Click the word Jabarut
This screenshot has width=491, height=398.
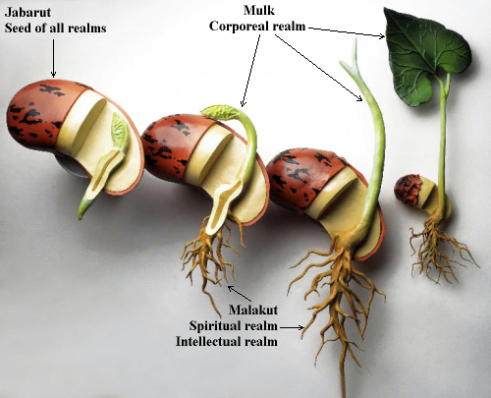coord(27,13)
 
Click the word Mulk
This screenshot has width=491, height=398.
coord(259,11)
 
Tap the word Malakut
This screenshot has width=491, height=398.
coord(253,310)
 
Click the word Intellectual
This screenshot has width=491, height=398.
coord(208,342)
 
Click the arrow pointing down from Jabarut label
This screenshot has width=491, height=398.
coord(53,58)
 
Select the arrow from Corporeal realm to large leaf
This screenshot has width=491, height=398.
coord(347,32)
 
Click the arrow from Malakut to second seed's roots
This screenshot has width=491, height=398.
coord(240,294)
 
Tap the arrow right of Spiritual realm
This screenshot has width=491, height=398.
coord(292,327)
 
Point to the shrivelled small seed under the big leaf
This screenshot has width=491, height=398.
coord(408,190)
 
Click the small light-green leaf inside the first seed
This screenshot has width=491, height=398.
coord(120,133)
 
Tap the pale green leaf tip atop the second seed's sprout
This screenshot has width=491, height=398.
coord(220,111)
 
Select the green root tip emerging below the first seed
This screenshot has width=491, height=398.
coord(83,207)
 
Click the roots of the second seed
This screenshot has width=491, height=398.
coord(211,258)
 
